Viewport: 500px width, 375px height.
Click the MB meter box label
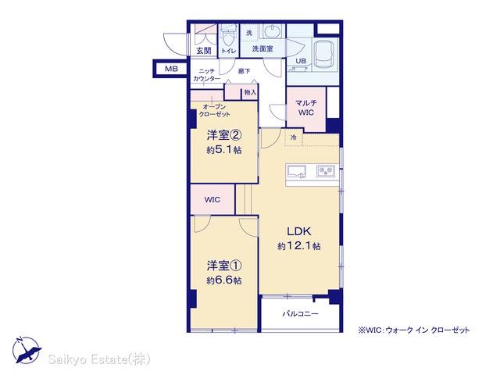pyautogui.click(x=171, y=69)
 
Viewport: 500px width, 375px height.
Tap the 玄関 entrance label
pyautogui.click(x=204, y=50)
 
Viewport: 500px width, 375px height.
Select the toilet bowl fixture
pyautogui.click(x=228, y=37)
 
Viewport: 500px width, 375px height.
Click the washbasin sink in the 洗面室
pyautogui.click(x=272, y=31)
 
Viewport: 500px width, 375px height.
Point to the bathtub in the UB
pyautogui.click(x=325, y=54)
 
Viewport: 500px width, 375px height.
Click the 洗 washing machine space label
pyautogui.click(x=249, y=33)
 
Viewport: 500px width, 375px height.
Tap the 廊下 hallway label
pyautogui.click(x=245, y=71)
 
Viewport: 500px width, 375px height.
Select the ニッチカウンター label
pyautogui.click(x=206, y=75)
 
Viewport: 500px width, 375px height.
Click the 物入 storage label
pyautogui.click(x=250, y=92)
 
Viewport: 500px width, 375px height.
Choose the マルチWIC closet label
pyautogui.click(x=306, y=108)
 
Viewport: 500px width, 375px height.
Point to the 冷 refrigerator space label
pyautogui.click(x=294, y=137)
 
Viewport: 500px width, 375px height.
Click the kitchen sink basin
pyautogui.click(x=297, y=171)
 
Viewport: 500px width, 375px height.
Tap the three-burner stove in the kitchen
pyautogui.click(x=326, y=171)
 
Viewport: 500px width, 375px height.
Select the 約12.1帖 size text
pyautogui.click(x=299, y=246)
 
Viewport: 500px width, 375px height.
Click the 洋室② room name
pyautogui.click(x=224, y=135)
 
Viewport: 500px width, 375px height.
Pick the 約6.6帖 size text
pyautogui.click(x=224, y=280)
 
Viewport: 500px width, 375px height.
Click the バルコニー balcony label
pyautogui.click(x=300, y=314)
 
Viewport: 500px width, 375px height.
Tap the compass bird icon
pyautogui.click(x=27, y=351)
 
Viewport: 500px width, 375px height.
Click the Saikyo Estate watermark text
pyautogui.click(x=99, y=359)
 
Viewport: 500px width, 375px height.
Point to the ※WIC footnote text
pyautogui.click(x=414, y=330)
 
